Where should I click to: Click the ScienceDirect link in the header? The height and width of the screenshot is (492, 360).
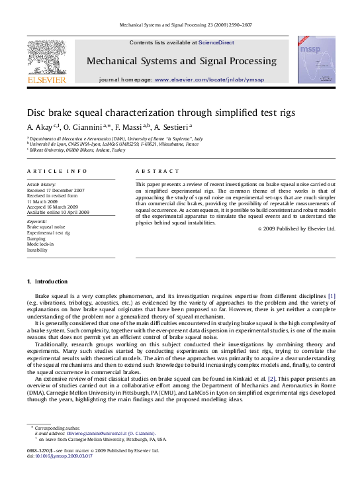click(216, 43)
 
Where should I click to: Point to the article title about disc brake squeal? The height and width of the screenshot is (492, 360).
click(161, 113)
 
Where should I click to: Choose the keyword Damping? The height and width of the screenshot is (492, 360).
click(36, 239)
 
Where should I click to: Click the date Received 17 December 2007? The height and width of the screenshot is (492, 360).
click(56, 191)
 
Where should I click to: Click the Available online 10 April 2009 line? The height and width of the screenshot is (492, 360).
click(58, 212)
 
